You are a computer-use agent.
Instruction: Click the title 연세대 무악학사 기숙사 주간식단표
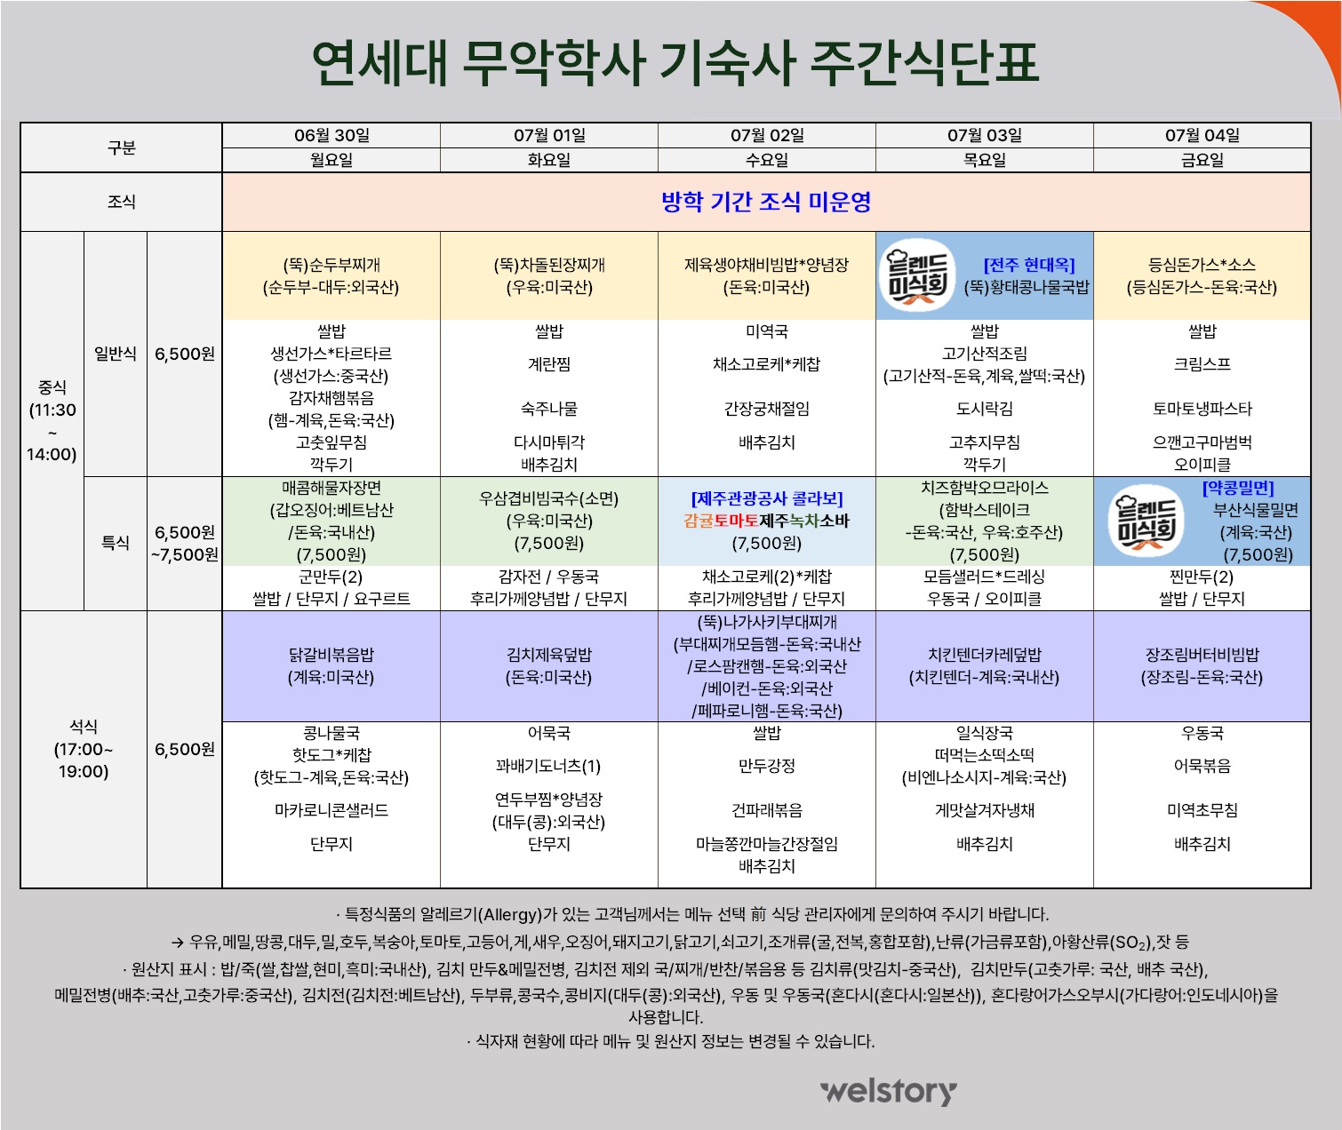675,63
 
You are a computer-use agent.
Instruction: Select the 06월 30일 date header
332,136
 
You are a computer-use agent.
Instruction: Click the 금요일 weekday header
1202,160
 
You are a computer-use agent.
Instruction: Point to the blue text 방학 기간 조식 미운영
766,202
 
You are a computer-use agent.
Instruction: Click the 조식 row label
122,202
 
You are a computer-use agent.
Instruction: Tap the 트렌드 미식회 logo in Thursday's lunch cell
917,275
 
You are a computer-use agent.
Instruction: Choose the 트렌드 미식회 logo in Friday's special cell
1146,521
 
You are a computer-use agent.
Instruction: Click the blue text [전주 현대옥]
1029,265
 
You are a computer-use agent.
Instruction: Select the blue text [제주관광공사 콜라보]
766,498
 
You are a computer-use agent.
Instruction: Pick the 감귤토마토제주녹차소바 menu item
766,521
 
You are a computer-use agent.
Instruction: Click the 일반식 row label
116,354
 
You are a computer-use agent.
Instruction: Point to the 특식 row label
116,543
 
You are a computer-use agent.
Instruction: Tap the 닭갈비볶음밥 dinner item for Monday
331,655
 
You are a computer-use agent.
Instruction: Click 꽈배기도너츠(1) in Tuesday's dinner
548,766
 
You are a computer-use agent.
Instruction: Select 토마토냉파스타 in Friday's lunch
1202,409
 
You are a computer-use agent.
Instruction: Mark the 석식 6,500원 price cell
185,749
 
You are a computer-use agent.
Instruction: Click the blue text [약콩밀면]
1238,488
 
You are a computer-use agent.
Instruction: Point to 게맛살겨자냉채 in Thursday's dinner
984,810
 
